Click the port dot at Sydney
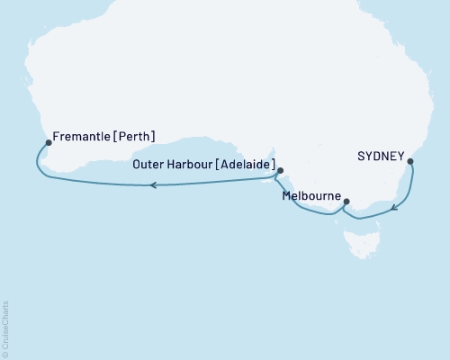click(x=410, y=162)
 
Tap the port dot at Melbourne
click(x=346, y=202)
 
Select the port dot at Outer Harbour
click(x=280, y=170)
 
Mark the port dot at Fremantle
click(x=49, y=141)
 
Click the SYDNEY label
click(x=382, y=155)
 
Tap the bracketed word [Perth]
click(x=134, y=137)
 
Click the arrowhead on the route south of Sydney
click(x=393, y=209)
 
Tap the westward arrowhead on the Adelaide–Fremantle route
click(x=153, y=185)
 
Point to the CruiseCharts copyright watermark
click(x=5, y=329)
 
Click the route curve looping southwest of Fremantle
click(x=38, y=162)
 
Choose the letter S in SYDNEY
click(x=361, y=155)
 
